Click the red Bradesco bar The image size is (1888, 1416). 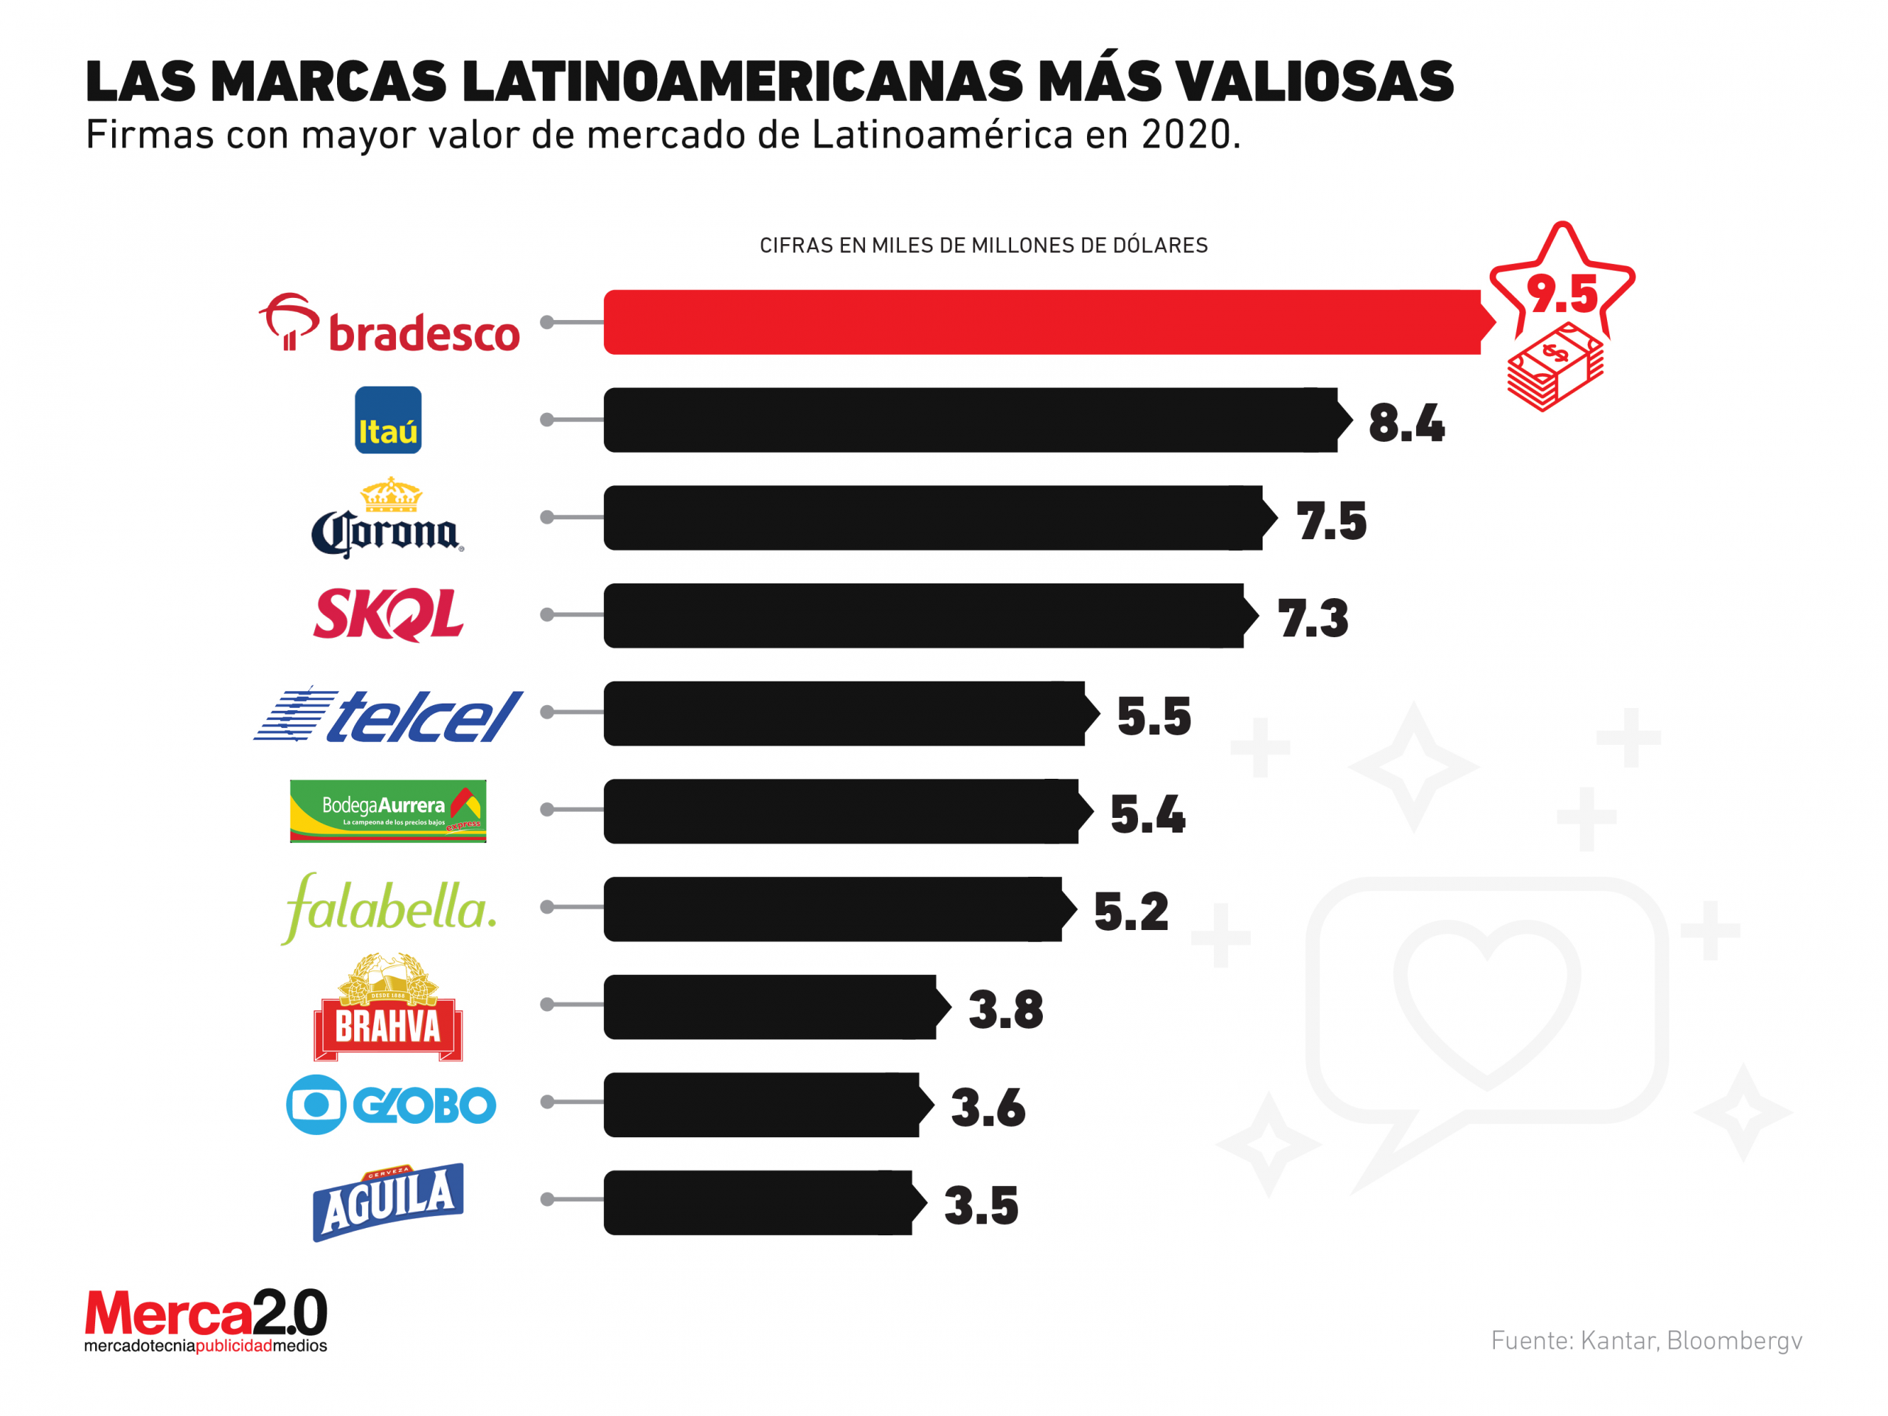tap(1041, 322)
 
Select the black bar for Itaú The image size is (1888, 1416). tap(970, 420)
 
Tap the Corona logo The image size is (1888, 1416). tap(387, 518)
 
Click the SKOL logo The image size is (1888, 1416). tap(389, 614)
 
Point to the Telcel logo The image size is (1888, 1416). tap(389, 714)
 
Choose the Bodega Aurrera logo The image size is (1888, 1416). tap(389, 811)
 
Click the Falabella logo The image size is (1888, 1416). tap(389, 908)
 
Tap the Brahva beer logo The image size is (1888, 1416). tap(389, 1007)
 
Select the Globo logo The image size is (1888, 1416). tap(391, 1105)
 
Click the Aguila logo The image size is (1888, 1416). tap(389, 1202)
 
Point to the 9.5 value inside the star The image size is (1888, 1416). tap(1562, 294)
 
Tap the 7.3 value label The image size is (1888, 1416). tap(1313, 619)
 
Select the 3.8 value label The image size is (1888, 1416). tap(1005, 1010)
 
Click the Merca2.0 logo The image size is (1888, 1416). tap(206, 1319)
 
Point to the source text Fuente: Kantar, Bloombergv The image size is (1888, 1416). tap(1645, 1341)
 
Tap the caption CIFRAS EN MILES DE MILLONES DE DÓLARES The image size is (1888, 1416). tap(983, 246)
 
